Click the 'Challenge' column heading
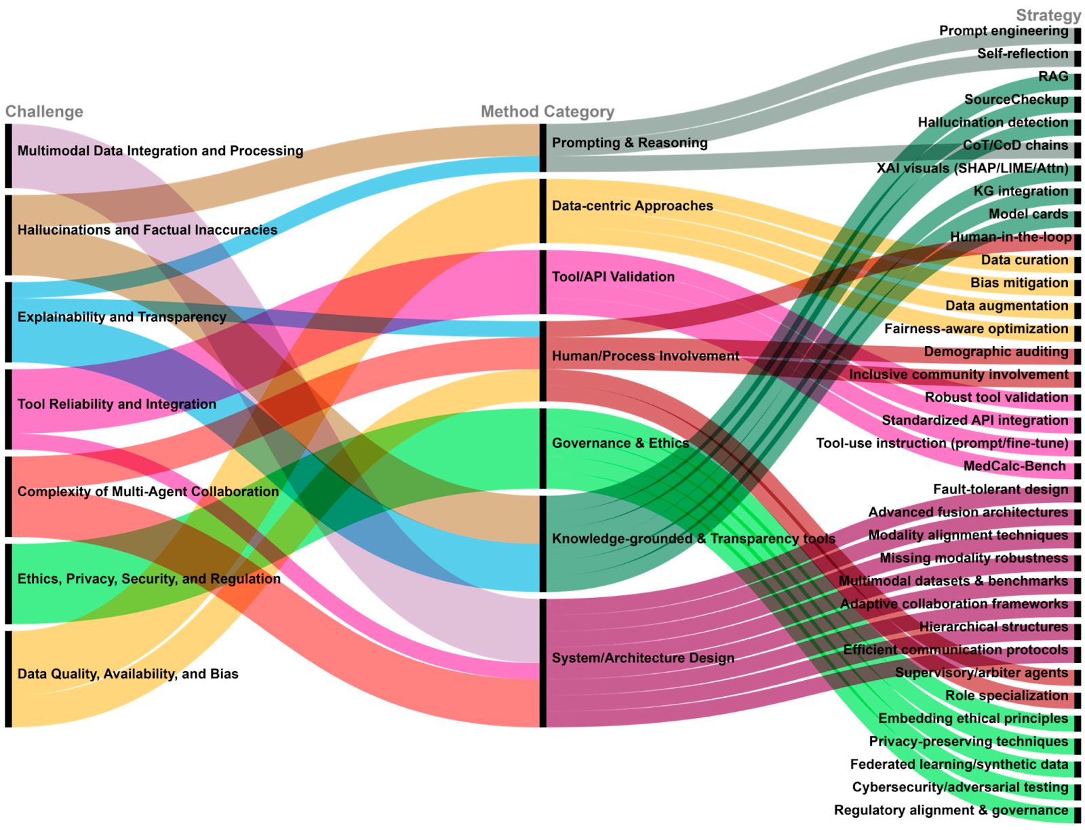pyautogui.click(x=44, y=111)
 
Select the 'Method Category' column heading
pyautogui.click(x=547, y=111)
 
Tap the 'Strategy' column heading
pyautogui.click(x=1048, y=15)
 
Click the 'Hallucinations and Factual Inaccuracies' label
pyautogui.click(x=147, y=230)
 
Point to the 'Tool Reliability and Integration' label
pyautogui.click(x=117, y=404)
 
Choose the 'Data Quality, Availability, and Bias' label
pyautogui.click(x=127, y=674)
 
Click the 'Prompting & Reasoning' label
pyautogui.click(x=629, y=143)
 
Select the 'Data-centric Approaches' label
pyautogui.click(x=632, y=206)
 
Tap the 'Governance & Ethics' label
pyautogui.click(x=620, y=443)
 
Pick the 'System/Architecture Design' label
pyautogui.click(x=643, y=658)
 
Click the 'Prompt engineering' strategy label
pyautogui.click(x=1003, y=31)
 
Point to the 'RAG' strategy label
pyautogui.click(x=1052, y=77)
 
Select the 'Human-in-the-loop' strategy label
pyautogui.click(x=1010, y=237)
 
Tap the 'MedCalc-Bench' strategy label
pyautogui.click(x=1014, y=466)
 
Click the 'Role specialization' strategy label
pyautogui.click(x=1006, y=696)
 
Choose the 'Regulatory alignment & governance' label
pyautogui.click(x=951, y=810)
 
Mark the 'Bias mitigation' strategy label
pyautogui.click(x=1019, y=283)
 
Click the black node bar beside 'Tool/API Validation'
pyautogui.click(x=542, y=282)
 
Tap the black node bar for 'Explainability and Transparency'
pyautogui.click(x=8, y=322)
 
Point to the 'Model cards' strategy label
pyautogui.click(x=1028, y=214)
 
